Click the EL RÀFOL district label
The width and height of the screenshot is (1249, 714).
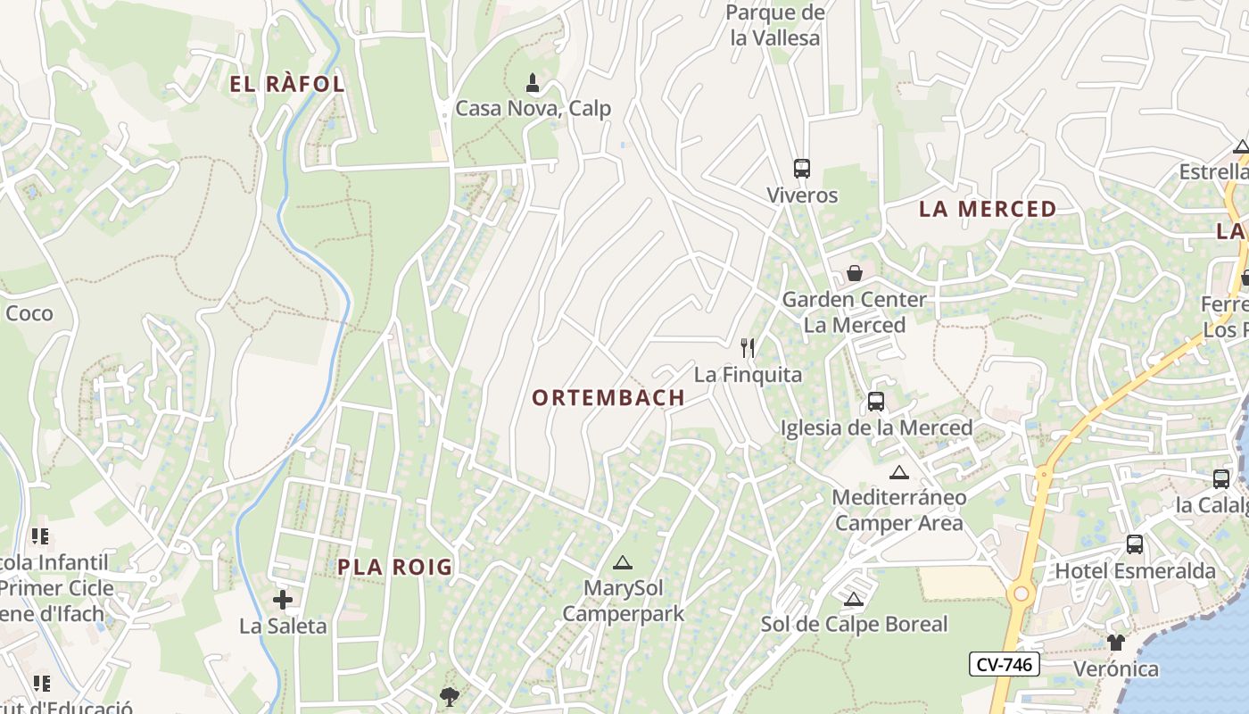click(287, 85)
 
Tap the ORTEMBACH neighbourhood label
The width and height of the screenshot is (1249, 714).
click(608, 398)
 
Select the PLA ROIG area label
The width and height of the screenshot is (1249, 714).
click(395, 567)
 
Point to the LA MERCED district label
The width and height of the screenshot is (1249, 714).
click(988, 210)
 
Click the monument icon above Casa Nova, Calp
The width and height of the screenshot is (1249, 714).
click(533, 84)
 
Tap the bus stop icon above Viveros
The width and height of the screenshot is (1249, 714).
click(801, 168)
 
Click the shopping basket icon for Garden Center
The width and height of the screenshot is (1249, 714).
click(855, 272)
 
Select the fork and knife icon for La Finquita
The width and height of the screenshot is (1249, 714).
click(748, 348)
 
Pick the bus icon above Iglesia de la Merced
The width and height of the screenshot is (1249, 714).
click(875, 402)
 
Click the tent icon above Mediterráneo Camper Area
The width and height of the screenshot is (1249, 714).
click(898, 472)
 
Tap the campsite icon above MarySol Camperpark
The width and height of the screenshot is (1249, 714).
click(622, 562)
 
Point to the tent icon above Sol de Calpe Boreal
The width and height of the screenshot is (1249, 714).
click(854, 599)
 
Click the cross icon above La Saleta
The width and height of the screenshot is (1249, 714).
click(283, 599)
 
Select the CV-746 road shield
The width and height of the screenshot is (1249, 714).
click(1004, 664)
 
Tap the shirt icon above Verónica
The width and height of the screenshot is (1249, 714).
click(1115, 642)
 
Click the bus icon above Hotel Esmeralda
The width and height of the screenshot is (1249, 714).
click(1135, 544)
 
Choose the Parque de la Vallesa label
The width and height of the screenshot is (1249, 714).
click(774, 25)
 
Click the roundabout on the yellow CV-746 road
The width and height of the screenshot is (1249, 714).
click(1021, 594)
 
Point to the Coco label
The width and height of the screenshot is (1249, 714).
click(29, 313)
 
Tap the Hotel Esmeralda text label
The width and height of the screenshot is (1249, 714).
click(1135, 570)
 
